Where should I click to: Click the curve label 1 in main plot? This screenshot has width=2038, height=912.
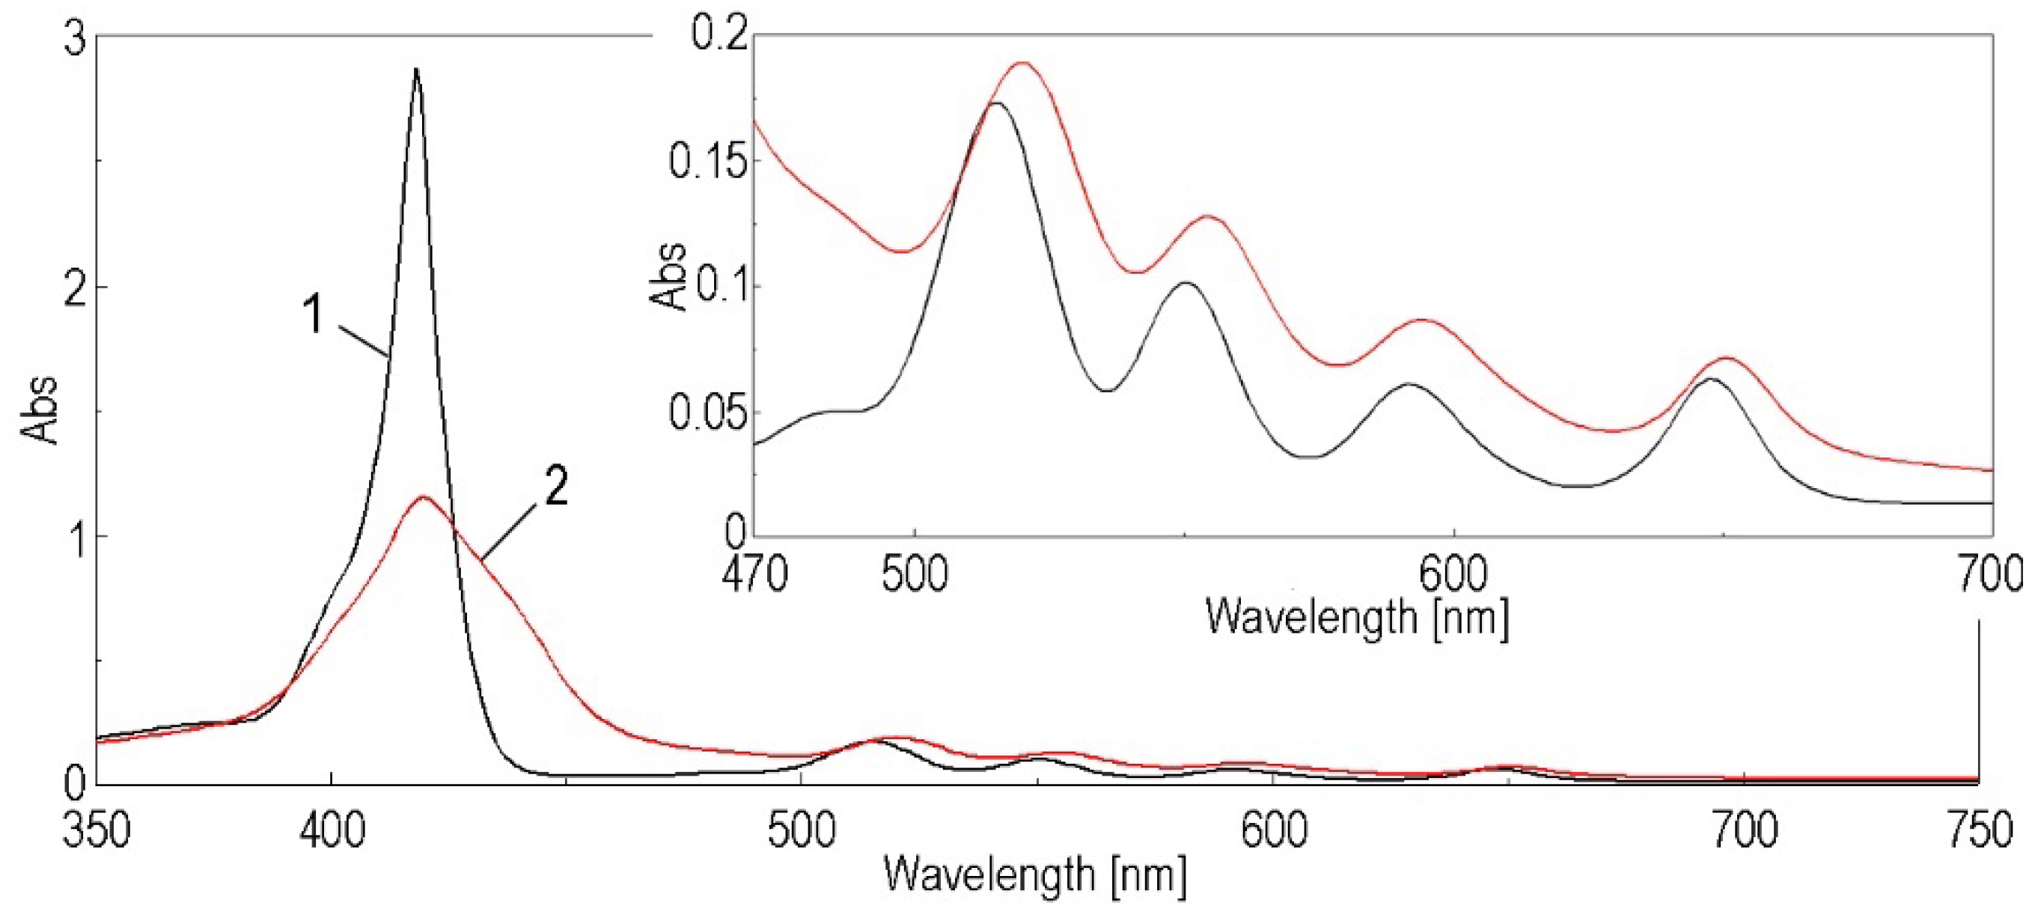click(x=314, y=315)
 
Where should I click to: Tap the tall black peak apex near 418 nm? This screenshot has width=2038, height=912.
click(x=416, y=70)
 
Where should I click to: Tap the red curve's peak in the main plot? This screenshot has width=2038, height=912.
click(x=424, y=497)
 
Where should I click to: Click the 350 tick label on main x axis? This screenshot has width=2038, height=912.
click(x=96, y=831)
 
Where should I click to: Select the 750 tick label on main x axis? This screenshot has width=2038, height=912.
click(x=1980, y=831)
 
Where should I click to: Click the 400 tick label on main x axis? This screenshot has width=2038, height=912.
click(x=332, y=831)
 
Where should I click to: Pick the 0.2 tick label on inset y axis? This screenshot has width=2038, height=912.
click(x=719, y=36)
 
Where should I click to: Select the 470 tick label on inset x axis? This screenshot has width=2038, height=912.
click(x=754, y=575)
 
